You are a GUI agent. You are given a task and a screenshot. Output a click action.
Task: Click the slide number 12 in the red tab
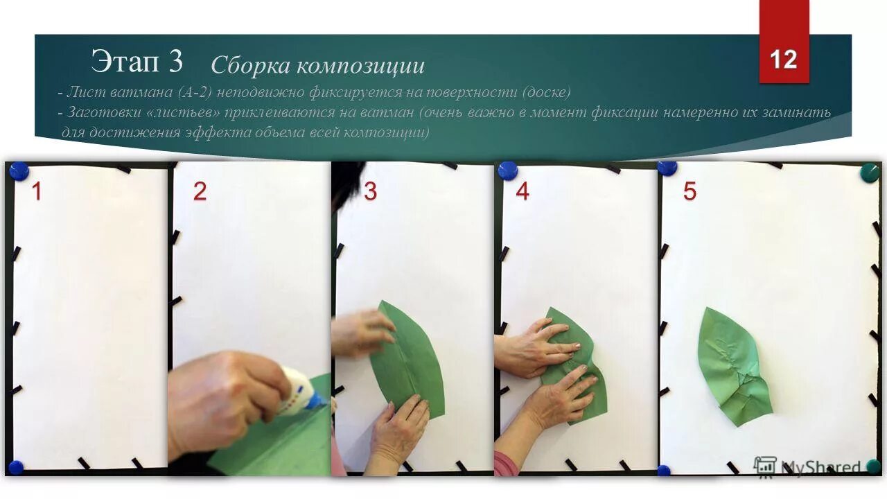(784, 60)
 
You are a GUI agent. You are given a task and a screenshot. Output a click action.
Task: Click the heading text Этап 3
(137, 62)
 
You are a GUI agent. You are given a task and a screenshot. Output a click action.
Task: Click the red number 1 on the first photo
(36, 191)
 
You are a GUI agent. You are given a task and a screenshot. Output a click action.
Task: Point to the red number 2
(200, 191)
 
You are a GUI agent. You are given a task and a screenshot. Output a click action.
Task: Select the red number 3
(370, 191)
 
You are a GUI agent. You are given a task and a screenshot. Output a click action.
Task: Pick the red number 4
(522, 191)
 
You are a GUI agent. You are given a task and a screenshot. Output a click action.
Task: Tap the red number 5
(690, 191)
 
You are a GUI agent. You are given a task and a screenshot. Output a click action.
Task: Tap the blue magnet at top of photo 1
(17, 170)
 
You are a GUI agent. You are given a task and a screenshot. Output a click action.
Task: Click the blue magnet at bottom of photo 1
(15, 467)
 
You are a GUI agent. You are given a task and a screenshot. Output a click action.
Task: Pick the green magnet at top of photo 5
(870, 173)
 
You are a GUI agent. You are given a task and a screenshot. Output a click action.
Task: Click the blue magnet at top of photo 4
(508, 170)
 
